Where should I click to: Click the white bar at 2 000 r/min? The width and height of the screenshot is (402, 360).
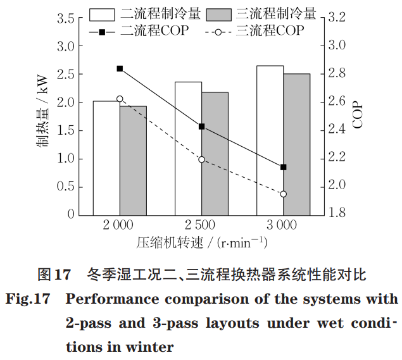[x=106, y=158]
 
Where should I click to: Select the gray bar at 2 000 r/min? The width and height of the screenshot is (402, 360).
[x=133, y=161]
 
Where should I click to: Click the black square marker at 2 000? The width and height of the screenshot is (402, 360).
[x=120, y=68]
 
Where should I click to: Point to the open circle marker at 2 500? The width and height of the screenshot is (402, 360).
[x=201, y=159]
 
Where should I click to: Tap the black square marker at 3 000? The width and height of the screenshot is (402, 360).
[x=283, y=167]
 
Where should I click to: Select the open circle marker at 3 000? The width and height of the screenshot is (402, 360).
[x=283, y=194]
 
